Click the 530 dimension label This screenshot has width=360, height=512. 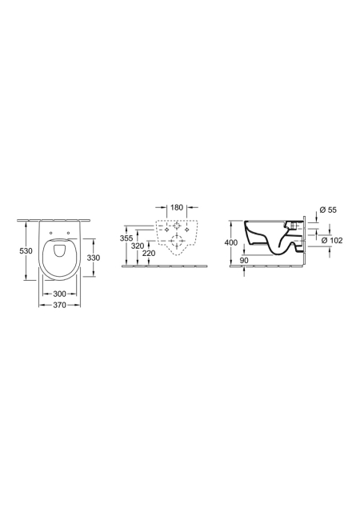pyautogui.click(x=26, y=251)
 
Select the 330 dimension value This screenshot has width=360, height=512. pyautogui.click(x=94, y=258)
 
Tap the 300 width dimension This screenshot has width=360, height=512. pyautogui.click(x=59, y=294)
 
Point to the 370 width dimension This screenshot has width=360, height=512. pyautogui.click(x=59, y=305)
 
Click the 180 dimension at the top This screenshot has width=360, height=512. pyautogui.click(x=177, y=207)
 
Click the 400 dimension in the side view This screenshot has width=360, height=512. pyautogui.click(x=231, y=242)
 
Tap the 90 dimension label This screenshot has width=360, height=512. pyautogui.click(x=244, y=260)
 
